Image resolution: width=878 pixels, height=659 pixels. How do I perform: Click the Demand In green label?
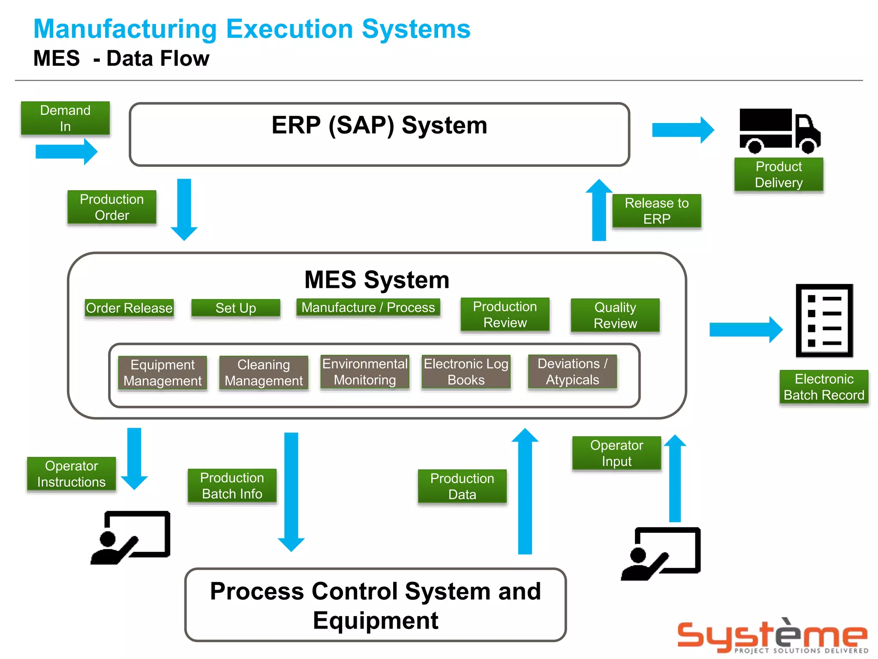coord(65,118)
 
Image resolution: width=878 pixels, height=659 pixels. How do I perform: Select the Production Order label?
coord(112,207)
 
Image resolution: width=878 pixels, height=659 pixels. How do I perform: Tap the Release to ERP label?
coord(656,211)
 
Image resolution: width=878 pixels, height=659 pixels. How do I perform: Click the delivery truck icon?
coord(779,130)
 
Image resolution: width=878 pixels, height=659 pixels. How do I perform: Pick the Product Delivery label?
coord(779,175)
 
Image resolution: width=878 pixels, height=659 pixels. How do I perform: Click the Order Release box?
coord(129,308)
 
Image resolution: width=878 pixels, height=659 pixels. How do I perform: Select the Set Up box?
coord(235,308)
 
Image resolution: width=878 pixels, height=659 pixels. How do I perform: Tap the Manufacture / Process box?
coord(368,308)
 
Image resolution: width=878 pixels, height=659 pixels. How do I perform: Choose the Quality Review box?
coord(615,315)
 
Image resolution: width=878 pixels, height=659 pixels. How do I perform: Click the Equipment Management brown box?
coord(162,373)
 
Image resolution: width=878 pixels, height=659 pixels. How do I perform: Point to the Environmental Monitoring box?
coord(365,372)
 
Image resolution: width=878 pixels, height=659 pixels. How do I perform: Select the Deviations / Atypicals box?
coord(572,372)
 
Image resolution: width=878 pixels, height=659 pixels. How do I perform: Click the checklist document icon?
coord(824,320)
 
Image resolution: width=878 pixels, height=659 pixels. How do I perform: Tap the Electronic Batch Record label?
coord(824,387)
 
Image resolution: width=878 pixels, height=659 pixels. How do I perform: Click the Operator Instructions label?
coord(72,474)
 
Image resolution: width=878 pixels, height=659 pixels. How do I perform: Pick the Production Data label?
coord(462,486)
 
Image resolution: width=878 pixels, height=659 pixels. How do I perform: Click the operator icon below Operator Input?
coord(661,553)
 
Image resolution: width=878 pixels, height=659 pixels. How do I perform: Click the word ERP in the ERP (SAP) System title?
coord(296,125)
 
